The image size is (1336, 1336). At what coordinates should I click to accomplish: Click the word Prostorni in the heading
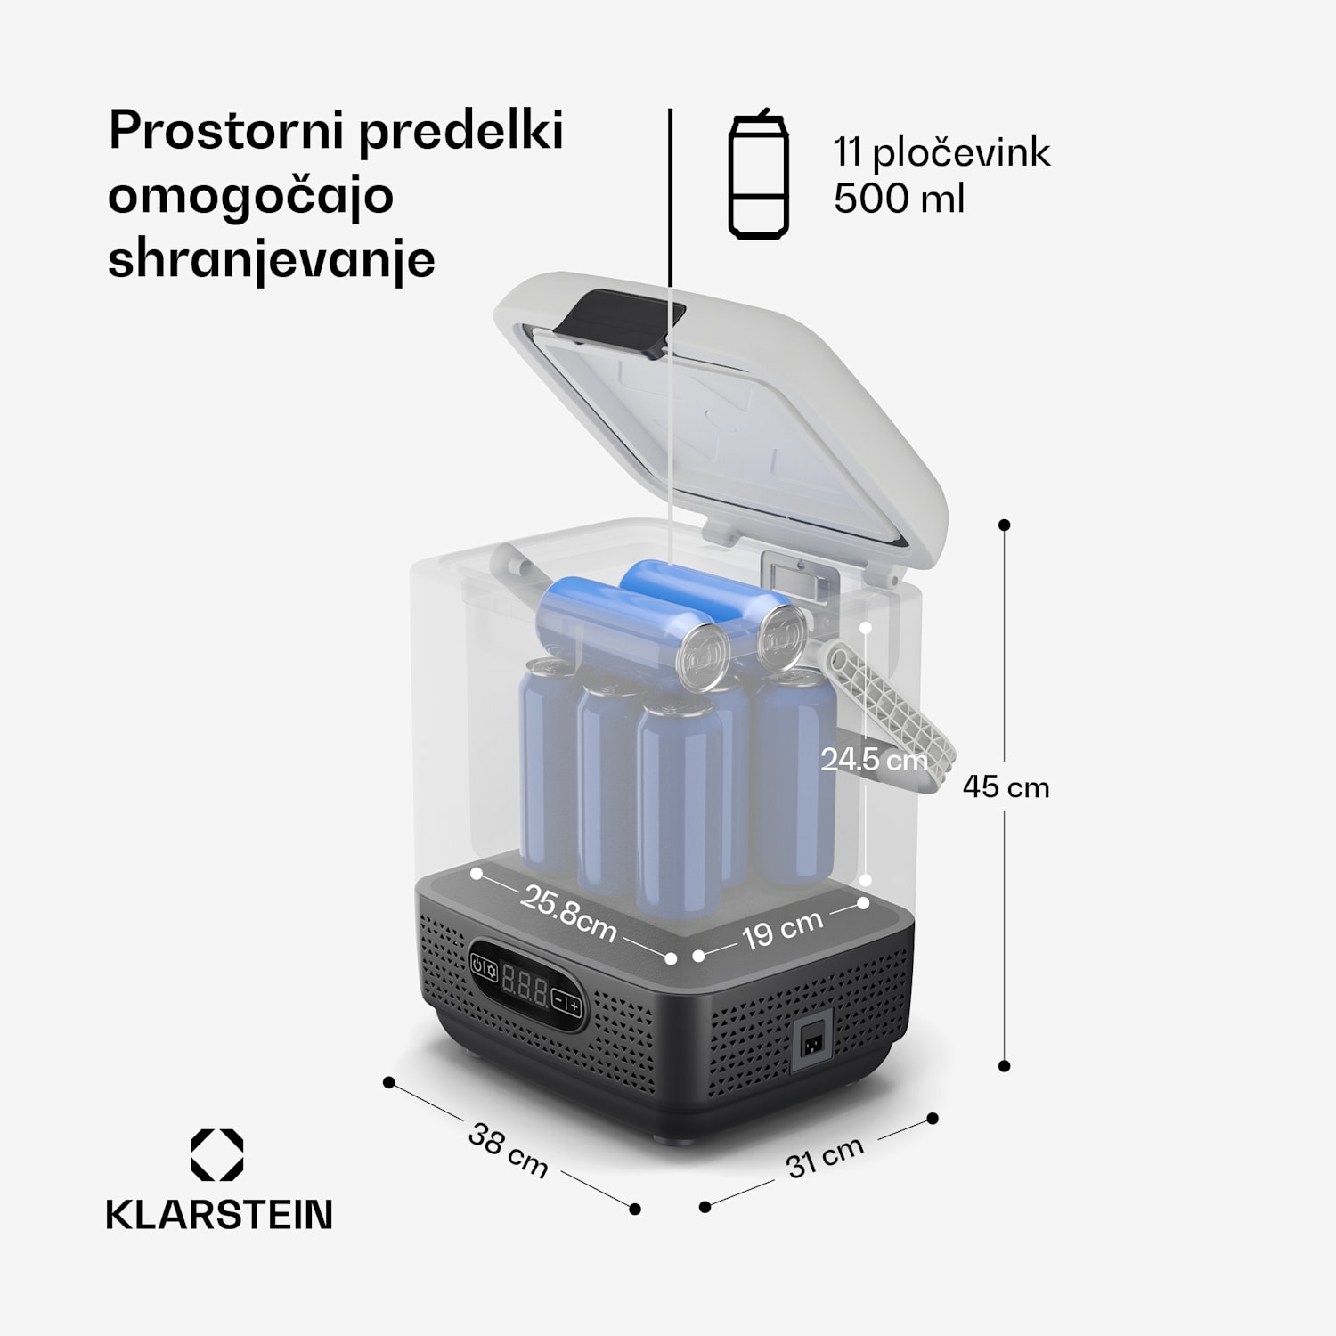pos(226,132)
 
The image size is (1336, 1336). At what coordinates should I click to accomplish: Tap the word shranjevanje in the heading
pos(271,260)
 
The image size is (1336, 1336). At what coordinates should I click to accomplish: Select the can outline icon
pos(758,176)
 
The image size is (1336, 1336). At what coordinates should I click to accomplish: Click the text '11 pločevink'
pos(941,153)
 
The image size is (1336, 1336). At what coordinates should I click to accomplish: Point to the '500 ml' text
pos(899,198)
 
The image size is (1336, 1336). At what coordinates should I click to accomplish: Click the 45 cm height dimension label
pos(1006,787)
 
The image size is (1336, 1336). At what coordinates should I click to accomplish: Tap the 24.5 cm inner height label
pos(874,760)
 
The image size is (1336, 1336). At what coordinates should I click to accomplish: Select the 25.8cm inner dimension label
pos(568,914)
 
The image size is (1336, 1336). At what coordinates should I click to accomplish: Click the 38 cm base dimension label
pos(508,1151)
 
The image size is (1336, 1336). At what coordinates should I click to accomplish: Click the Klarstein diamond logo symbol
pos(217,1155)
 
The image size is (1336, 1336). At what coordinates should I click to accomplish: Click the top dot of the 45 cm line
pos(1005,525)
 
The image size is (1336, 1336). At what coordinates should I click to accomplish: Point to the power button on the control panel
pos(479,965)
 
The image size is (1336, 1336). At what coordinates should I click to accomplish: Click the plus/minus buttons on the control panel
pos(566,1003)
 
